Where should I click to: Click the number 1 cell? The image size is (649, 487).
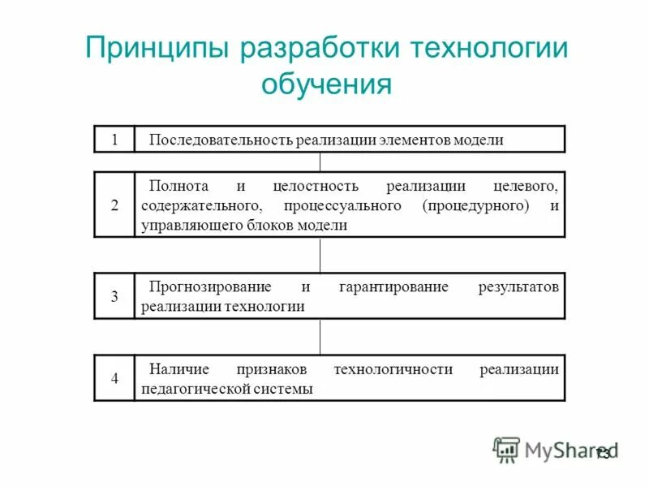[x=114, y=140]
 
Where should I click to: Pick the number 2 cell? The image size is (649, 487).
[x=114, y=205]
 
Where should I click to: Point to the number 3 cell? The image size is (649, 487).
[x=114, y=296]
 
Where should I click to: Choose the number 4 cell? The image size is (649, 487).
[x=114, y=378]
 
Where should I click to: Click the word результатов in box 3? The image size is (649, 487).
[x=518, y=287]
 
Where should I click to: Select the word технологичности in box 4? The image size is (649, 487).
[x=393, y=369]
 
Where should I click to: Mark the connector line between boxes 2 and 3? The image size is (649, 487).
[x=320, y=255]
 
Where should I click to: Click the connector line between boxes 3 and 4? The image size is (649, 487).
[x=320, y=337]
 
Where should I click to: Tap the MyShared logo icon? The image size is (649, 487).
[x=506, y=449]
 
